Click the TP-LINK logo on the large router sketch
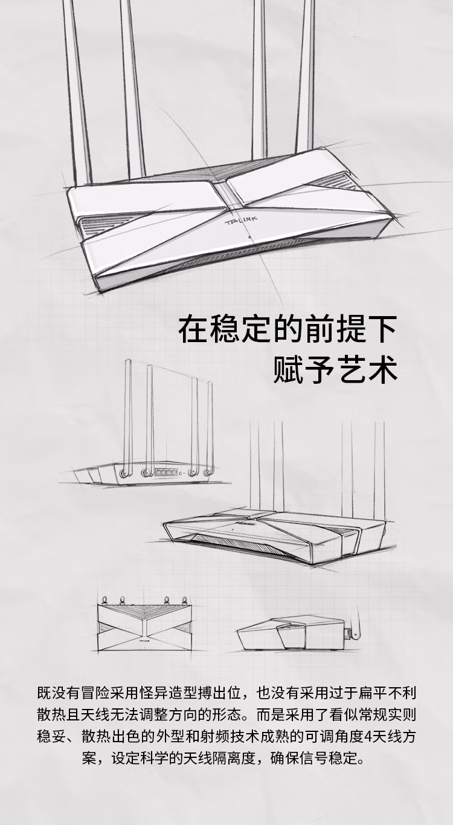pyautogui.click(x=241, y=220)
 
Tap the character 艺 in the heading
pyautogui.click(x=351, y=369)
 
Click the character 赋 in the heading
pyautogui.click(x=288, y=369)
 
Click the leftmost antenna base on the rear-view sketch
pyautogui.click(x=124, y=472)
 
